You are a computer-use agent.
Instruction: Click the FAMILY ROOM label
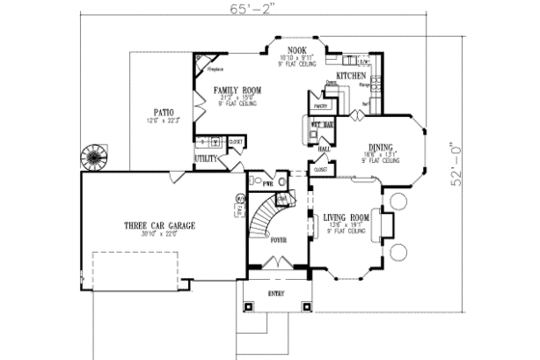(237, 89)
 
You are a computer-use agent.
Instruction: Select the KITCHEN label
(349, 74)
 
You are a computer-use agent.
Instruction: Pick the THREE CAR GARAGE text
(159, 224)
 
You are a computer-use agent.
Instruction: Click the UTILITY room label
(205, 156)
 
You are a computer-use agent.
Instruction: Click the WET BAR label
(321, 125)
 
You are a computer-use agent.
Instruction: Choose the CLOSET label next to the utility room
(234, 141)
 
